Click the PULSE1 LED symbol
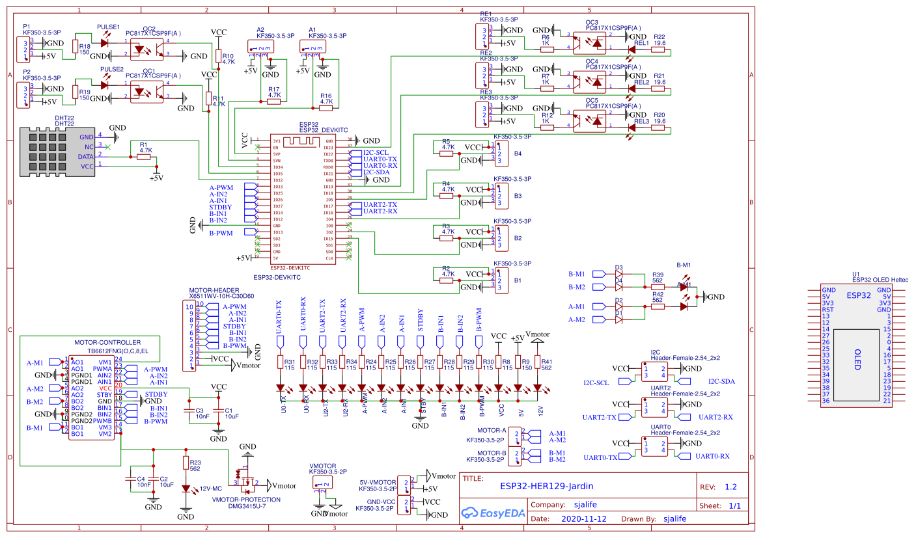tap(105, 42)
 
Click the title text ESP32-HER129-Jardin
tap(546, 485)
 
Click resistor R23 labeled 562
tap(186, 463)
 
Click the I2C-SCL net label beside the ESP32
tap(376, 153)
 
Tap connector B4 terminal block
tap(503, 154)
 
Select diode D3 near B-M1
tap(619, 274)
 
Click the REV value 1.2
tap(730, 487)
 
